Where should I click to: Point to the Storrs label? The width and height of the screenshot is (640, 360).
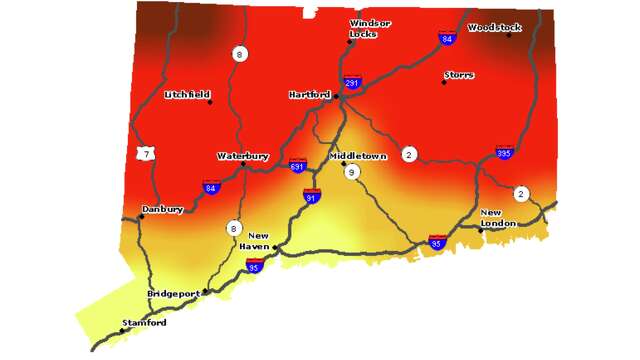tap(460, 75)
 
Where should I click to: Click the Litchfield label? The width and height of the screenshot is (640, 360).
tap(187, 95)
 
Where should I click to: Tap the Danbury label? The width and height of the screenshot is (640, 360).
tap(162, 209)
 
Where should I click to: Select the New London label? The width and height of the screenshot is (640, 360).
tap(498, 218)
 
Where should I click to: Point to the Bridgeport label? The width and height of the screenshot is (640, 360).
tap(173, 293)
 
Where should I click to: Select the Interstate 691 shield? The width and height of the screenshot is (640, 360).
tap(297, 164)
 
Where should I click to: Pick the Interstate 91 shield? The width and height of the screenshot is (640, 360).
tap(312, 196)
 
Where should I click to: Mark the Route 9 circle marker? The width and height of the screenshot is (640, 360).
tap(352, 172)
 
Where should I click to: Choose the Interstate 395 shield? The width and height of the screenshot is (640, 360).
tap(504, 152)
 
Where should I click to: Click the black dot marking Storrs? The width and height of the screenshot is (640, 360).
tap(443, 82)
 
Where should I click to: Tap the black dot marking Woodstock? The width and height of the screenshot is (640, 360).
tap(508, 35)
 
